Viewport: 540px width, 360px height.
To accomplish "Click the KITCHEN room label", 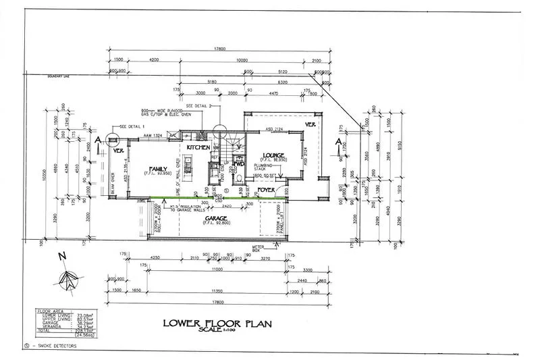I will point(199,147).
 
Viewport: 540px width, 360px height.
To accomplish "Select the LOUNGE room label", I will point(263,153).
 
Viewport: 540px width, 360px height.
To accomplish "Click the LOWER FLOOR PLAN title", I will point(217,324).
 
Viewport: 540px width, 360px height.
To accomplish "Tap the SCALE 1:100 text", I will point(217,331).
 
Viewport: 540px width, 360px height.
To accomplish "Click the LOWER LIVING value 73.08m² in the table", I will point(66,315).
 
